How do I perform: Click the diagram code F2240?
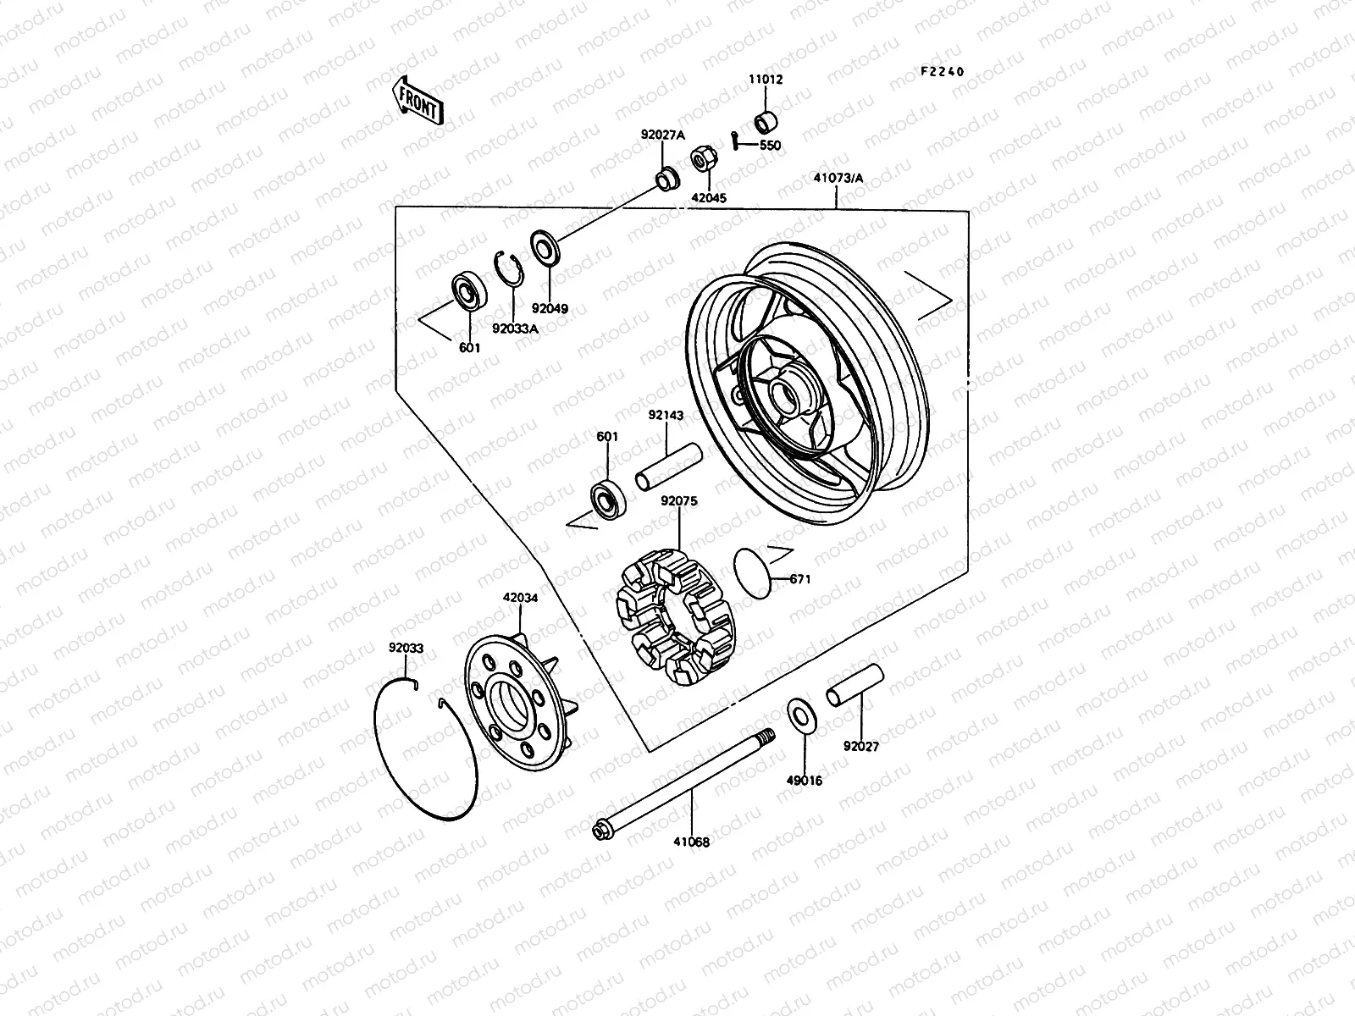click(942, 72)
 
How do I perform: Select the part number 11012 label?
click(765, 80)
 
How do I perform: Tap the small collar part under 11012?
click(767, 121)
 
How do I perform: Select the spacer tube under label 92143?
click(668, 466)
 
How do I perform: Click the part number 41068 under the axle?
click(692, 842)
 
